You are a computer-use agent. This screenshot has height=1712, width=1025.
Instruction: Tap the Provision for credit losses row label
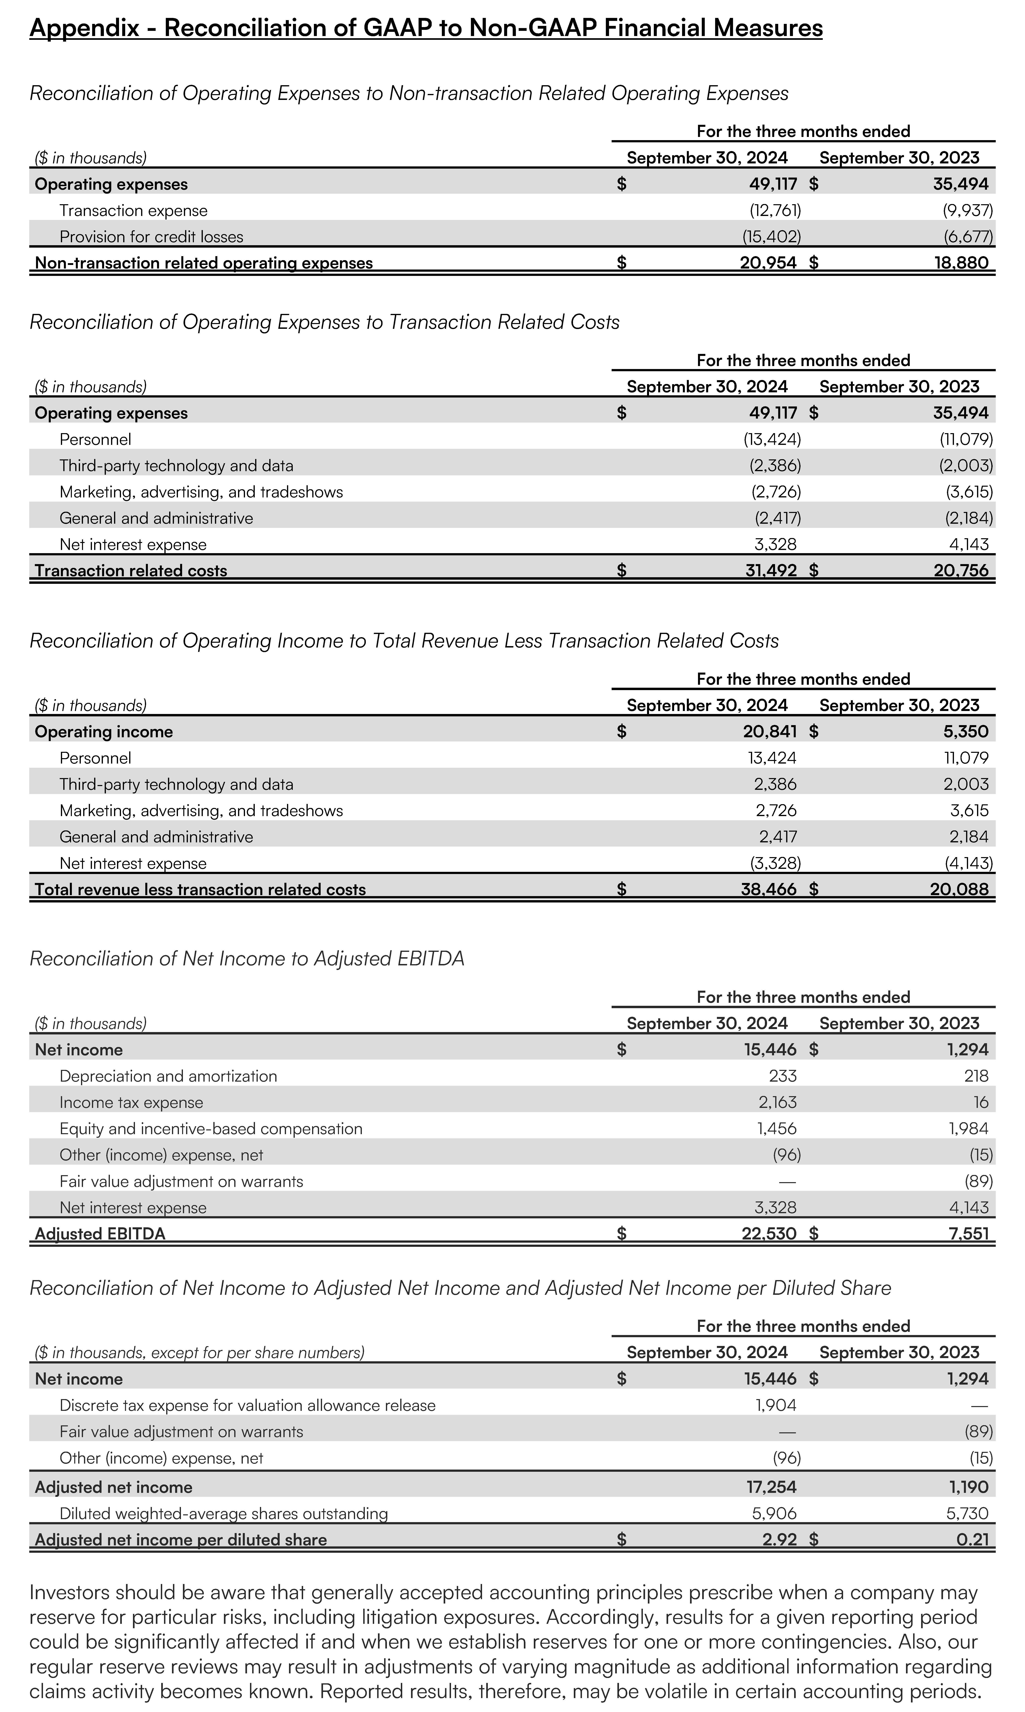click(151, 237)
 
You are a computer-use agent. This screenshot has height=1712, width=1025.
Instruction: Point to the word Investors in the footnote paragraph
click(69, 1593)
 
